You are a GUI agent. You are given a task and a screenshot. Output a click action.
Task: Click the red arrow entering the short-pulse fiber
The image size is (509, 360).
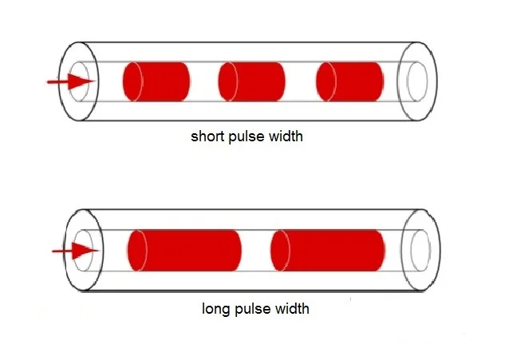coord(72,81)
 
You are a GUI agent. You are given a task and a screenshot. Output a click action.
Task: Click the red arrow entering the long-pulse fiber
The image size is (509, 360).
coord(76,251)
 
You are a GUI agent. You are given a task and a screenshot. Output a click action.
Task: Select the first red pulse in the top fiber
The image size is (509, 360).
coord(156,81)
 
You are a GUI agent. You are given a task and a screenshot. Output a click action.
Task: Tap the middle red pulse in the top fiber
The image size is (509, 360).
coord(252,81)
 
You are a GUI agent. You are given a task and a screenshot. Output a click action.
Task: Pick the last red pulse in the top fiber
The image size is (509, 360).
coord(350,81)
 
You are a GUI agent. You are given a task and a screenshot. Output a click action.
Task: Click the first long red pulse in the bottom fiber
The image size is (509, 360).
coord(185,251)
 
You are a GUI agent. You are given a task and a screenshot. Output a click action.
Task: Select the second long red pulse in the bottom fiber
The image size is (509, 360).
coord(328,251)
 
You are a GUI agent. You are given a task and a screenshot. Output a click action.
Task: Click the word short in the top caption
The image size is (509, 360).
coord(208,136)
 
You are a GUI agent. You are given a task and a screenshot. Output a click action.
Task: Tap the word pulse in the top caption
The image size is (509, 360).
coord(247,136)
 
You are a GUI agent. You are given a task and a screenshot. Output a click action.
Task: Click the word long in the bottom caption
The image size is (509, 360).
coord(215,309)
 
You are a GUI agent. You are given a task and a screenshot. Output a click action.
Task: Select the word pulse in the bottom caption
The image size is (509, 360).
coord(252,310)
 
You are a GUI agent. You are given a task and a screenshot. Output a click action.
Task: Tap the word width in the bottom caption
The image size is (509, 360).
coord(292,309)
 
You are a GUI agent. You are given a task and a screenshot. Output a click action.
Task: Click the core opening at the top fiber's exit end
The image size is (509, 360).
coord(417,81)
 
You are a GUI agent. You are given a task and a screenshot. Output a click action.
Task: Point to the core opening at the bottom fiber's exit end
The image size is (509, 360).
coord(420,250)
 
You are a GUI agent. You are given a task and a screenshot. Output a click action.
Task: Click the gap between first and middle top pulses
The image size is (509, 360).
coord(204,81)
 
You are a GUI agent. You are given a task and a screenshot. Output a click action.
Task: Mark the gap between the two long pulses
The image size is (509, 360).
coord(256,251)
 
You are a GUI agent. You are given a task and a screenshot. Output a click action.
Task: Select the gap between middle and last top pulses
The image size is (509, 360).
coord(301,81)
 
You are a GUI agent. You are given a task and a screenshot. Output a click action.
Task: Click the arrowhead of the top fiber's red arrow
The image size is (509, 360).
coord(82,81)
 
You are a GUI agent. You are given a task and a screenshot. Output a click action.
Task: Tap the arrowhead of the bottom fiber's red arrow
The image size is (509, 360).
coord(85,251)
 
